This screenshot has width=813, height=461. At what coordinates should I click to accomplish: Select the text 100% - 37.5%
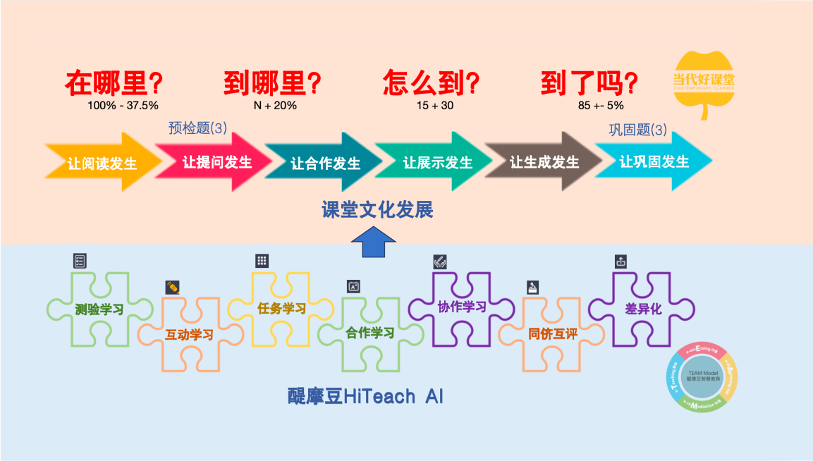(x=123, y=106)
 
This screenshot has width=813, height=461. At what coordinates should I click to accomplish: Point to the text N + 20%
(x=275, y=106)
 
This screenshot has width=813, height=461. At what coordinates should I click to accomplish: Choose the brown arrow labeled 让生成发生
(x=544, y=162)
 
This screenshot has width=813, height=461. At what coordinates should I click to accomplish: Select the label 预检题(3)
(x=197, y=128)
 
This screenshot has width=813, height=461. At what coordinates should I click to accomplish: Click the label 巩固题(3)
(x=637, y=130)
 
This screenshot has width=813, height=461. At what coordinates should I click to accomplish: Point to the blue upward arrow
(x=373, y=247)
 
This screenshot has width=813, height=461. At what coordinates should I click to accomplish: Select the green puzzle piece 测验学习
(x=99, y=309)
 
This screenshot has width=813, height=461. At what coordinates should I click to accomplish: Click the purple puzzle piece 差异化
(x=642, y=309)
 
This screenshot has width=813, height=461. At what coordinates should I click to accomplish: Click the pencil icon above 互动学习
(x=173, y=287)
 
